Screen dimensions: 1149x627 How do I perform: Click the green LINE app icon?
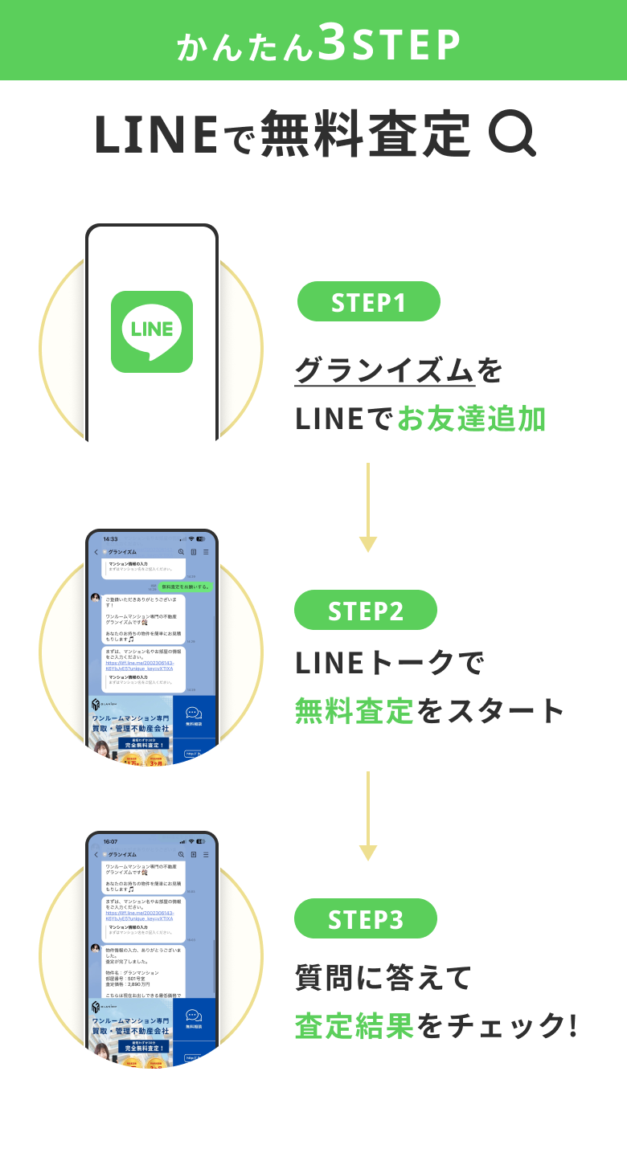coord(152,331)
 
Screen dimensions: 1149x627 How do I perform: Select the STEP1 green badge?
coord(369,302)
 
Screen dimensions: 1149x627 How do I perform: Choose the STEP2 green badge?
coord(366,610)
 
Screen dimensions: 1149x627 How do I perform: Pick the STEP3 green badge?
coord(366,918)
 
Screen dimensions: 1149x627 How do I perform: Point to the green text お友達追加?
coord(471,419)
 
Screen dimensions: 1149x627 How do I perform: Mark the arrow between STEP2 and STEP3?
coord(367,816)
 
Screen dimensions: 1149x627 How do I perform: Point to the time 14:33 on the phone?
coord(110,539)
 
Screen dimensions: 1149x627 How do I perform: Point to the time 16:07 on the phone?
coord(110,841)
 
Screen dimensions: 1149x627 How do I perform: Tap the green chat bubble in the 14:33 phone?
coord(184,587)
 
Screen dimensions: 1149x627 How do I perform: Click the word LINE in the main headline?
coord(156,134)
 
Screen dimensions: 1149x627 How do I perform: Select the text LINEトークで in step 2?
coord(390,663)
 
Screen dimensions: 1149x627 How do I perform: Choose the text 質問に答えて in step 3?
coord(383,978)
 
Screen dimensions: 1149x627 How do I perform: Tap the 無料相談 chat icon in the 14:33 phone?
coord(194,715)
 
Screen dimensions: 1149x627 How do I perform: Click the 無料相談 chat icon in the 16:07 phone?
coord(194,1018)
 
